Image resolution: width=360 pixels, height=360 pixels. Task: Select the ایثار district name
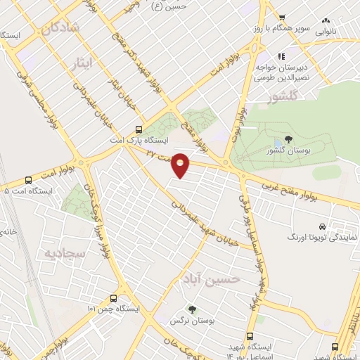(83, 64)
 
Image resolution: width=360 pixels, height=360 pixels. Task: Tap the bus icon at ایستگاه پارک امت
(138, 129)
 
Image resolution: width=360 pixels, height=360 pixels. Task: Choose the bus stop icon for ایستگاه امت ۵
(28, 179)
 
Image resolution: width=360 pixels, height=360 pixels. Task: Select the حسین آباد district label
(211, 278)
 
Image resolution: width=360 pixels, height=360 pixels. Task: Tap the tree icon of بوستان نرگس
(191, 308)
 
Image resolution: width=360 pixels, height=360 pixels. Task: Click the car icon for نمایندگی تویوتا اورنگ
(322, 226)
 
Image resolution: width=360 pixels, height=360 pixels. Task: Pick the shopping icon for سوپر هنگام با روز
(281, 18)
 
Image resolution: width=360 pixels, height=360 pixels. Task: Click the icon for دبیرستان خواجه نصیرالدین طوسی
(281, 56)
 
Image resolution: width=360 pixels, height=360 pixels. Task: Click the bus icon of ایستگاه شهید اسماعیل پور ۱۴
(250, 336)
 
